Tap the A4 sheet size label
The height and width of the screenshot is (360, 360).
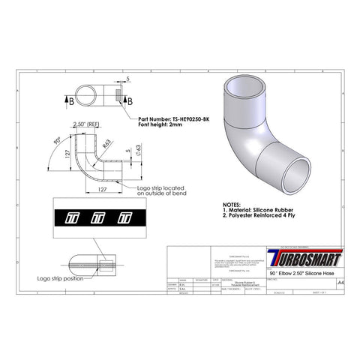point(341,283)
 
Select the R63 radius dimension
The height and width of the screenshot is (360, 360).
point(109,143)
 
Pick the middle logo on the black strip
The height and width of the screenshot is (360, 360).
point(96,219)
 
